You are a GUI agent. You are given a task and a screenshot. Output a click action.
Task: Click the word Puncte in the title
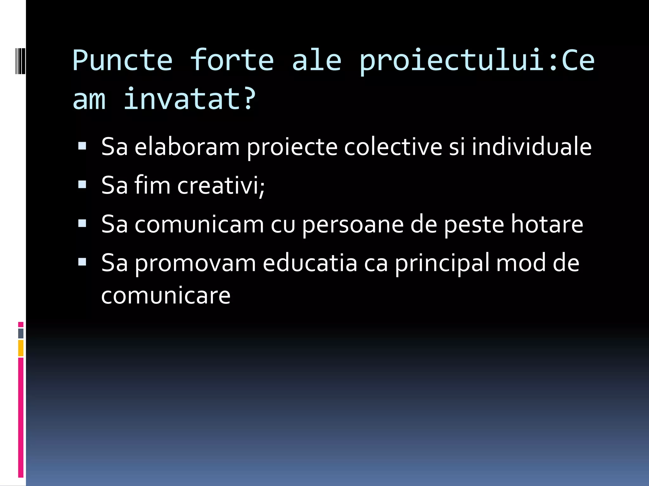pyautogui.click(x=122, y=60)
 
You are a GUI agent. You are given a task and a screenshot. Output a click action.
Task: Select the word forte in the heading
pyautogui.click(x=232, y=60)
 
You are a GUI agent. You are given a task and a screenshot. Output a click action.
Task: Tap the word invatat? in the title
pyautogui.click(x=189, y=99)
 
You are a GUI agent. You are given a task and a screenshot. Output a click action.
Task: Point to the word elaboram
pyautogui.click(x=187, y=147)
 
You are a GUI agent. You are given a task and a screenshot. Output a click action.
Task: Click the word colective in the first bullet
pyautogui.click(x=393, y=147)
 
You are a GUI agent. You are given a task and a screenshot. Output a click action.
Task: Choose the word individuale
pyautogui.click(x=531, y=147)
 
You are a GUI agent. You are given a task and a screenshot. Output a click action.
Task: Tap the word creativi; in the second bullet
pyautogui.click(x=221, y=185)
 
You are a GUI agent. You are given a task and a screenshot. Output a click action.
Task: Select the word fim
pyautogui.click(x=152, y=185)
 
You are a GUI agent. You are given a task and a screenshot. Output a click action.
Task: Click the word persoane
pyautogui.click(x=353, y=224)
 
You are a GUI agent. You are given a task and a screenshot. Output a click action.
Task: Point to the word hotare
pyautogui.click(x=547, y=224)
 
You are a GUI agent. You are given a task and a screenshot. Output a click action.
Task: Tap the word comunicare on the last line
pyautogui.click(x=166, y=296)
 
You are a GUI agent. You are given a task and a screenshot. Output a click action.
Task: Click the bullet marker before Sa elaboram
pyautogui.click(x=82, y=146)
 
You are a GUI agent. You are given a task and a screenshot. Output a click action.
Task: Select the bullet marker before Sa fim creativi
pyautogui.click(x=82, y=184)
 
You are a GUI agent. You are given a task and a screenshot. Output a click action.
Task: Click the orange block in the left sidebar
pyautogui.click(x=21, y=348)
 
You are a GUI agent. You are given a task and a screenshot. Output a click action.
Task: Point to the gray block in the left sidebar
pyautogui.click(x=21, y=333)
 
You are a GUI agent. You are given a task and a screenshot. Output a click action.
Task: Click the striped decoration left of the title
pyautogui.click(x=20, y=60)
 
